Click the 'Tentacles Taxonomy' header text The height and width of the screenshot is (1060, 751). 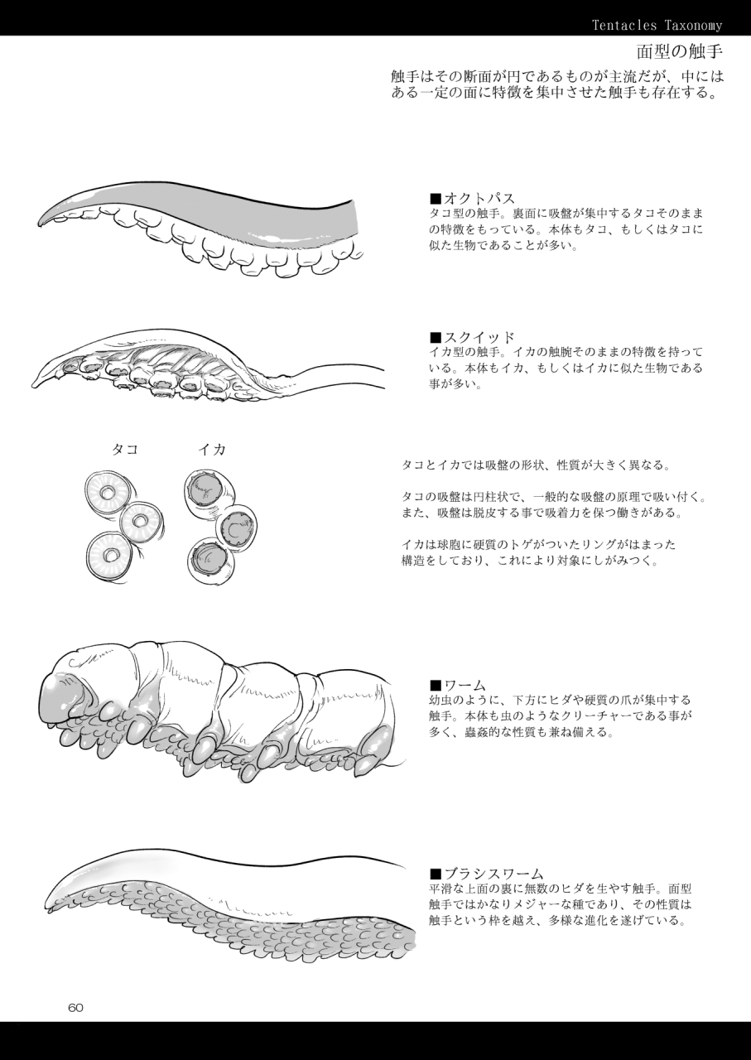coord(657,26)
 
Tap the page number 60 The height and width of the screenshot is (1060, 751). coord(76,1008)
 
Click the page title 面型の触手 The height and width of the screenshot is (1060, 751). coord(680,54)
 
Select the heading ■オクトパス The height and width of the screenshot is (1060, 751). coord(473,199)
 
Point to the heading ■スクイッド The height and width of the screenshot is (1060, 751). coord(473,338)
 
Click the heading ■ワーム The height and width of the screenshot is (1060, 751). coord(458,686)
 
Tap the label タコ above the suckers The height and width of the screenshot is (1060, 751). coord(125,450)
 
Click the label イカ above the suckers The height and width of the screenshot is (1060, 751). coord(212,450)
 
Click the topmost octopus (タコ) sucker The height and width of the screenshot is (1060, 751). coord(108,494)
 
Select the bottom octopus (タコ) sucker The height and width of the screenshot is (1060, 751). coord(111,554)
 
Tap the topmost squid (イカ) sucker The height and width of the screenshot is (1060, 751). coord(202,490)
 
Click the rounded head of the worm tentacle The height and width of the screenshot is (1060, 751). coord(62,696)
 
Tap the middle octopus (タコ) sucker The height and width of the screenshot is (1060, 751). coord(140,521)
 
